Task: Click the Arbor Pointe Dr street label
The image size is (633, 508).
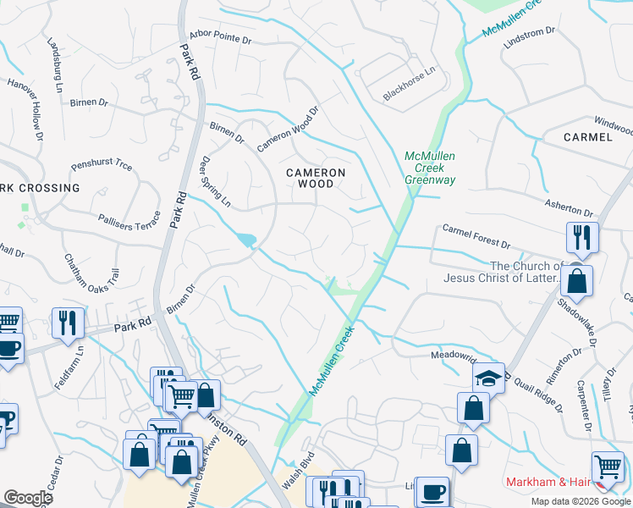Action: (221, 39)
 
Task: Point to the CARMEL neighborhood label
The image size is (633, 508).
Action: (587, 137)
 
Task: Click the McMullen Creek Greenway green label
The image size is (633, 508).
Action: (430, 168)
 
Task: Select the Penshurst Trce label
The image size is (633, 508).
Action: (102, 163)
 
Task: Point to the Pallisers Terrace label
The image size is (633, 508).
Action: (129, 218)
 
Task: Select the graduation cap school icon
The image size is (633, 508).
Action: (488, 378)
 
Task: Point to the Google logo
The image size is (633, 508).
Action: (28, 498)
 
